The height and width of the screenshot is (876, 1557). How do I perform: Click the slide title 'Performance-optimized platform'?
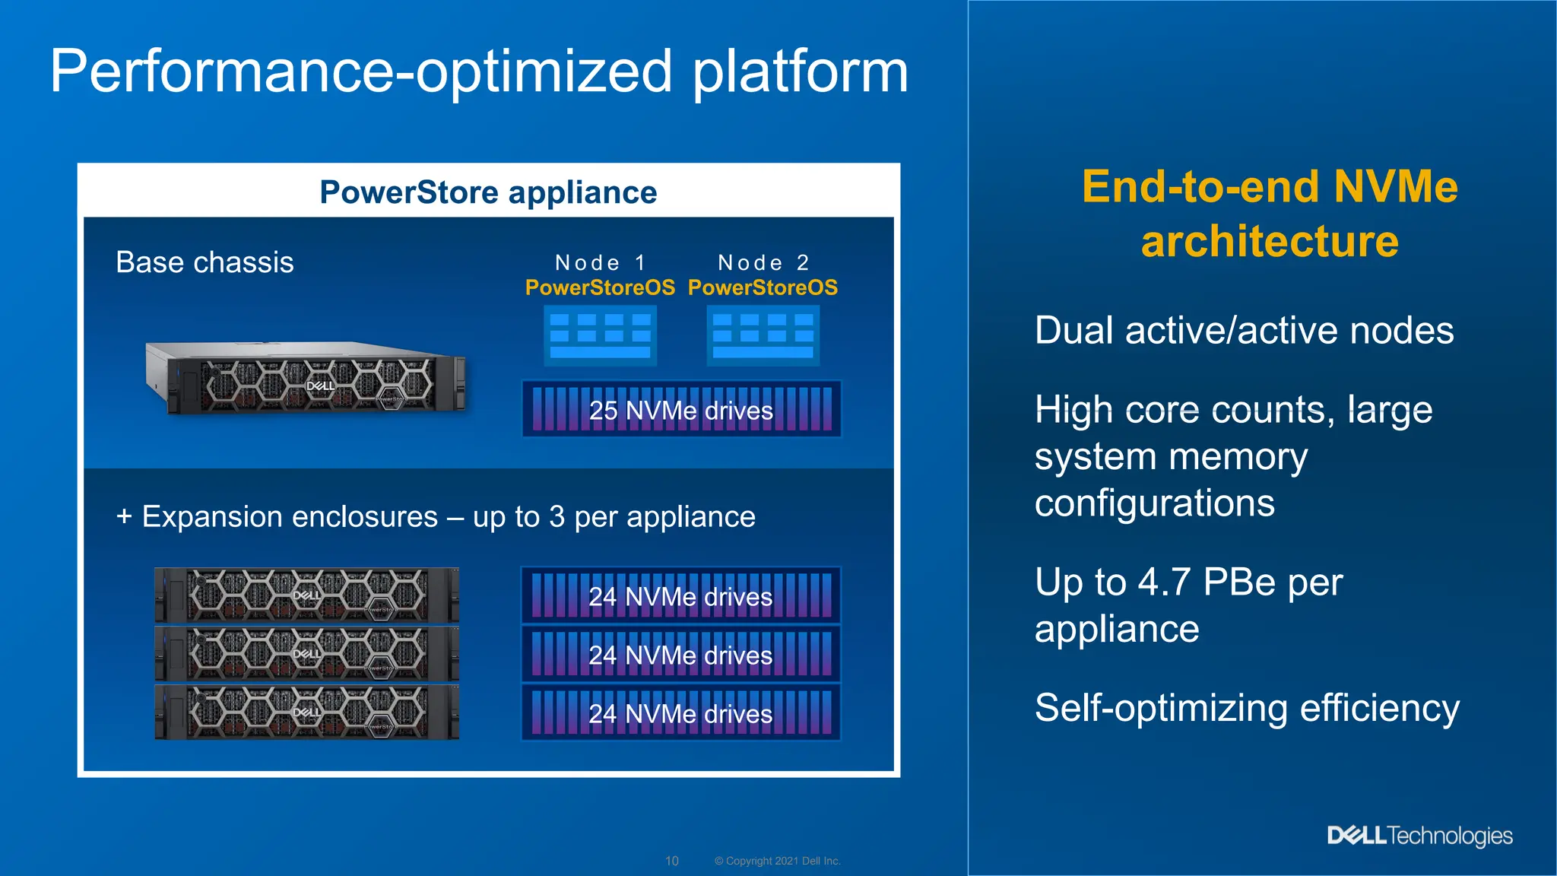(479, 72)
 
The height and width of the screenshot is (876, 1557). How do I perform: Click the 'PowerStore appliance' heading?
(488, 192)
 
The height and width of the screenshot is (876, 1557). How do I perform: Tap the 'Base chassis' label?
(205, 262)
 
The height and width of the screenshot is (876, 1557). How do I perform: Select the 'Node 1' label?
(601, 262)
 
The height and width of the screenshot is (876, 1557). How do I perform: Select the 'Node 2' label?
(763, 262)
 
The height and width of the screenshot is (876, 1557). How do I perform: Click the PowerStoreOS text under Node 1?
(600, 287)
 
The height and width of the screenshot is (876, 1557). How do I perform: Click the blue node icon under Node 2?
(763, 335)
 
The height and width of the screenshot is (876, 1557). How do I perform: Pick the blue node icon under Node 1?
(600, 335)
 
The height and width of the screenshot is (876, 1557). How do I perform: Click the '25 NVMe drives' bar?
(681, 410)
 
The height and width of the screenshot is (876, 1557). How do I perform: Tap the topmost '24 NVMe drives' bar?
(681, 596)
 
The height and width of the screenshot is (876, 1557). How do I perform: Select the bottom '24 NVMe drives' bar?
(681, 713)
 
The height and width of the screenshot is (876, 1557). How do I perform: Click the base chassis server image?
(306, 378)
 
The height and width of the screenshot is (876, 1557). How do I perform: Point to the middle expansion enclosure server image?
(306, 653)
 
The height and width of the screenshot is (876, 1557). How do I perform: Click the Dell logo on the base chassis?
(320, 386)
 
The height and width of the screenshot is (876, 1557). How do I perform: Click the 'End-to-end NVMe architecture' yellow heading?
(1269, 214)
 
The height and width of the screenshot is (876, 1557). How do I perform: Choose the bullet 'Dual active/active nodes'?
(1244, 331)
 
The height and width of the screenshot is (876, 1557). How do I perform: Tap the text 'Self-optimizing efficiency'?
(1247, 708)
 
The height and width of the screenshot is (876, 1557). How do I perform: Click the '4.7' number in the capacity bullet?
(1164, 582)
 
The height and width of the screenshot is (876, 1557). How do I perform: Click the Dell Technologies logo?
(1419, 836)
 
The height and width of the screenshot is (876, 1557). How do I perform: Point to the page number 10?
(672, 861)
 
